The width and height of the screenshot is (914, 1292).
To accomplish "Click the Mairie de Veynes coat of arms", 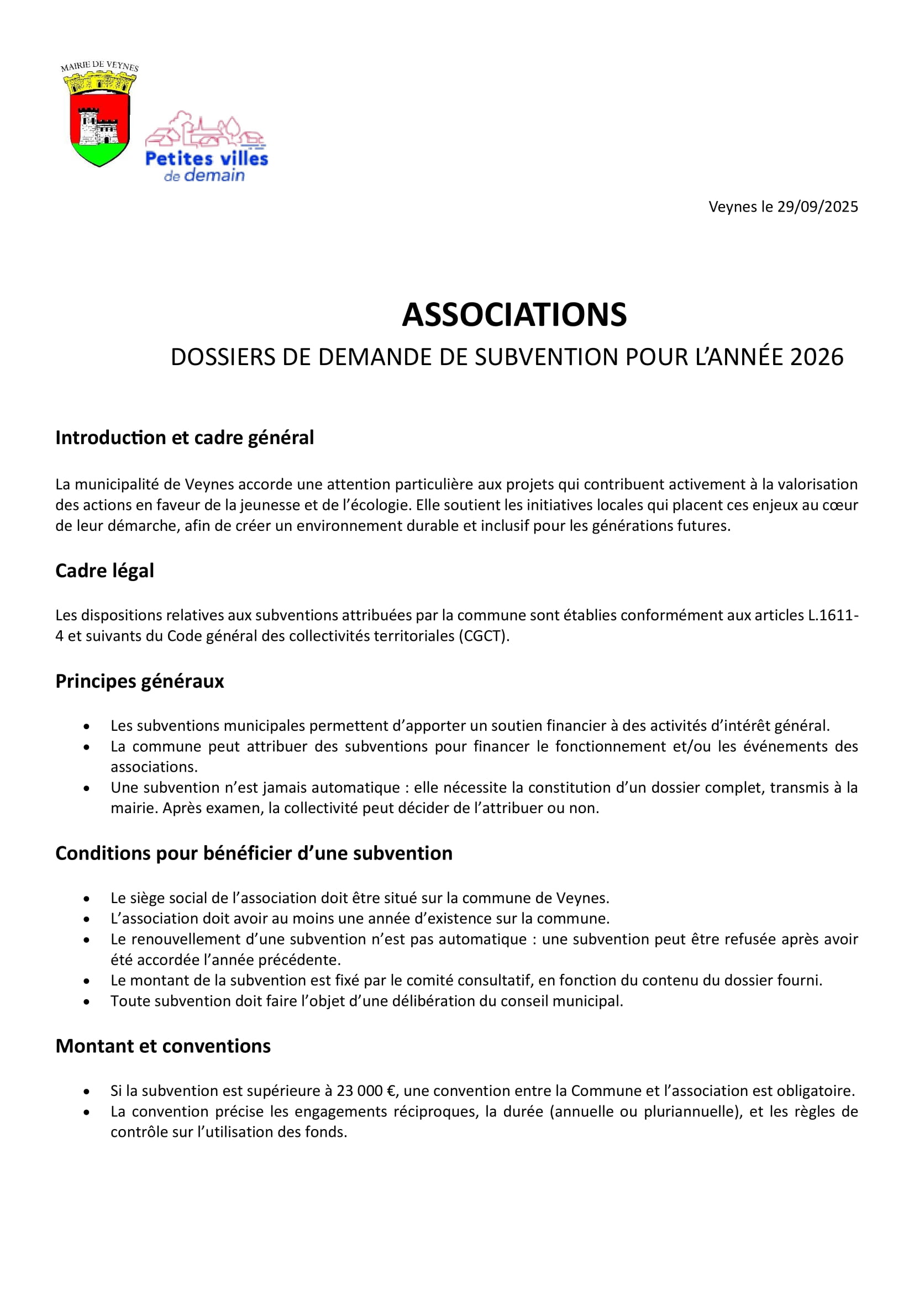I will [x=99, y=116].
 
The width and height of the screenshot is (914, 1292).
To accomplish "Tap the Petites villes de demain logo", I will [x=206, y=147].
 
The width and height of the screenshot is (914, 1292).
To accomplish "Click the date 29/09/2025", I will [x=817, y=207].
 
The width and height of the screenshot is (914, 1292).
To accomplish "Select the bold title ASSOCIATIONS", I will [x=514, y=314].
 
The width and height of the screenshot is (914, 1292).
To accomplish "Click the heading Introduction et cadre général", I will [x=185, y=437].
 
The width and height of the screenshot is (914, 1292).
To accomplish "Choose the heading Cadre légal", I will [x=104, y=571].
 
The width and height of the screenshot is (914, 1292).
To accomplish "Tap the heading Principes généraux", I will [x=140, y=681].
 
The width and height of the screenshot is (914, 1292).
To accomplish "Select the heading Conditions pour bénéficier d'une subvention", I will [x=254, y=853].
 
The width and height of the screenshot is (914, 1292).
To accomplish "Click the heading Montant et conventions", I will [x=163, y=1046].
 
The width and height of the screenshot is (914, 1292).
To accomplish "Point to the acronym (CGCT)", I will [x=484, y=636].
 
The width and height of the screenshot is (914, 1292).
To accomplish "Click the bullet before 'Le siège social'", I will [x=86, y=898].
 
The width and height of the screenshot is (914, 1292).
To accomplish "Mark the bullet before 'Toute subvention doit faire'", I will [x=86, y=1001].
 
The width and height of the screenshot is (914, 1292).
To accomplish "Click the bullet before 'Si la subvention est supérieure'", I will [x=86, y=1091].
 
